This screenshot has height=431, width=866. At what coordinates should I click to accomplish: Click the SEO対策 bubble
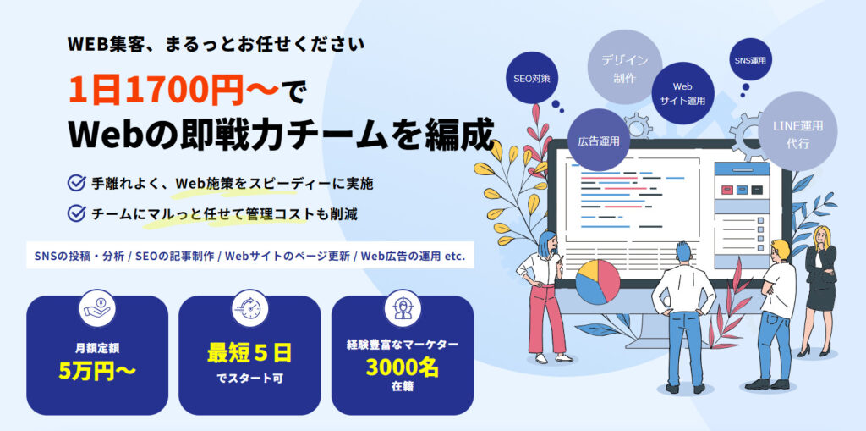532,78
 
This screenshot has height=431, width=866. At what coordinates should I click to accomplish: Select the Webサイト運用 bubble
682,93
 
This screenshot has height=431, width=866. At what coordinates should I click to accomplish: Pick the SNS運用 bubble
750,60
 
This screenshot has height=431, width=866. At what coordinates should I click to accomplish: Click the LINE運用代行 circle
798,132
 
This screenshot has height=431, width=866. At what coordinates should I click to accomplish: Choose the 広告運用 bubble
599,140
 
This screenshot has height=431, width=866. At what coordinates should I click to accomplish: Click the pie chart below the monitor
598,282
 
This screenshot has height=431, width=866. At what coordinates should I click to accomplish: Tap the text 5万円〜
96,371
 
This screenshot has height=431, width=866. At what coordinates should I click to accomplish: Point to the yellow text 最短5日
249,353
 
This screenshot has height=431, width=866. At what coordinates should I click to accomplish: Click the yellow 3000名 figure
402,367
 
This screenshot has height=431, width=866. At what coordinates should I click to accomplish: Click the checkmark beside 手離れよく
76,183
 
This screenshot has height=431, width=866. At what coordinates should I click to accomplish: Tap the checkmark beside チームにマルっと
76,213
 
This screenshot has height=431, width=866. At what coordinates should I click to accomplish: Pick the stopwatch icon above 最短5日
249,308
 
